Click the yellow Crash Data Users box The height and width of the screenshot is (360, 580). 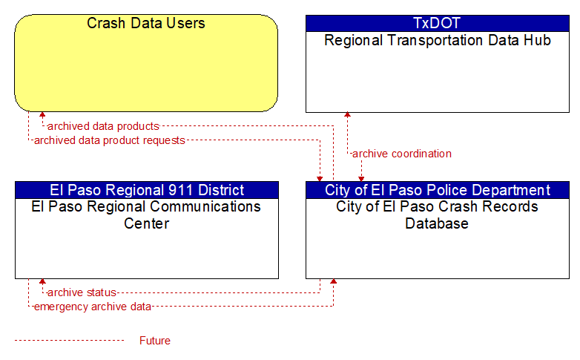pos(146,63)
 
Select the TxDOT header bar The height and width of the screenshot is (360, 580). pos(437,23)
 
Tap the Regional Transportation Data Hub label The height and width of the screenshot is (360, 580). pos(438,40)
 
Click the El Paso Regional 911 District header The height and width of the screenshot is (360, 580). pos(147,190)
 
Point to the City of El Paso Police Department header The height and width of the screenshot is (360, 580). pos(437,190)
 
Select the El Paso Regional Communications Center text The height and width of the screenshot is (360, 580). pos(146,215)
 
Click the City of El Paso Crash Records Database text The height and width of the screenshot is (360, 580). pos(437,215)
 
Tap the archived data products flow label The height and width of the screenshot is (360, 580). pos(103,126)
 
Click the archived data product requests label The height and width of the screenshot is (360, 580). pos(110,140)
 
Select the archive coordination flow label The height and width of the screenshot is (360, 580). pos(402,154)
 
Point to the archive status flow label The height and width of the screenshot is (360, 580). pos(82,292)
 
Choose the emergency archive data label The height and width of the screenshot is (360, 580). pos(93,307)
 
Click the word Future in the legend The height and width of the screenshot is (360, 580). pos(155,341)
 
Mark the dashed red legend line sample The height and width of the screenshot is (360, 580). pos(69,340)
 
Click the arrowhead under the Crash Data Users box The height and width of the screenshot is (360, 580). pos(42,115)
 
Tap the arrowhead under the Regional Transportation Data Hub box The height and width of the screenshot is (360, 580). pos(347,115)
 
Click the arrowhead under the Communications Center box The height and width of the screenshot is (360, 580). pos(42,282)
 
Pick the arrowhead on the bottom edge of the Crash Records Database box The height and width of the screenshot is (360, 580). pos(334,282)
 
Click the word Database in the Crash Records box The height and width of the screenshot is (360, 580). pos(437,223)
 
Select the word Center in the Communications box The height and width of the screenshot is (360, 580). pos(146,223)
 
